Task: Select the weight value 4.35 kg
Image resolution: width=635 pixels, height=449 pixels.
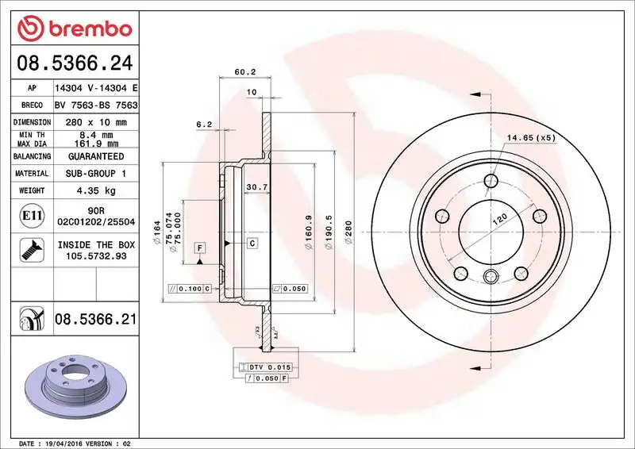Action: [95, 190]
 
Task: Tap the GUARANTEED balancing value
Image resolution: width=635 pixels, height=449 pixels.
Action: [95, 156]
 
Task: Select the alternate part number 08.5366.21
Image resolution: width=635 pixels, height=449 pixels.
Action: [95, 320]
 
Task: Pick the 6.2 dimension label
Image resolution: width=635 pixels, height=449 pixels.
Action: [203, 124]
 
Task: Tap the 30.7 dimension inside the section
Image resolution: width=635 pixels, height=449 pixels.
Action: [256, 187]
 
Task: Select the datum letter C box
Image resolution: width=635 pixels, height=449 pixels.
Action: [252, 243]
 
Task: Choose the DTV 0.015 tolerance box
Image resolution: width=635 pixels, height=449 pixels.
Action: [268, 367]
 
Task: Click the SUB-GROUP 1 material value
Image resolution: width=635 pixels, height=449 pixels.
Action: [95, 173]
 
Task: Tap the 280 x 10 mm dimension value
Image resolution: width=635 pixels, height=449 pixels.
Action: [95, 123]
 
